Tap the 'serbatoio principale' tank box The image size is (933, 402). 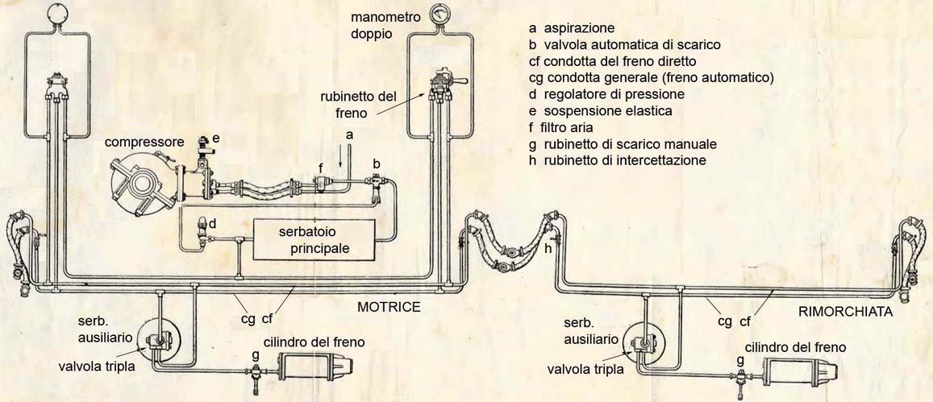point(314,239)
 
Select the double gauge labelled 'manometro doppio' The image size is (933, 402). point(439,14)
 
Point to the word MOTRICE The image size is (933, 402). point(389,307)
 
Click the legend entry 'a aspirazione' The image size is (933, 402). point(572,27)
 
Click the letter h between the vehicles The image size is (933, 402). point(548,249)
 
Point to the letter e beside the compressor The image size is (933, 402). point(216,138)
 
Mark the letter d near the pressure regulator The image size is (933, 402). point(213,222)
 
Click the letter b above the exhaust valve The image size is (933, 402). point(376,163)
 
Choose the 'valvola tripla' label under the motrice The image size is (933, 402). point(96,367)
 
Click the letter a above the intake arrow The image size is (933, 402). point(348,136)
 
